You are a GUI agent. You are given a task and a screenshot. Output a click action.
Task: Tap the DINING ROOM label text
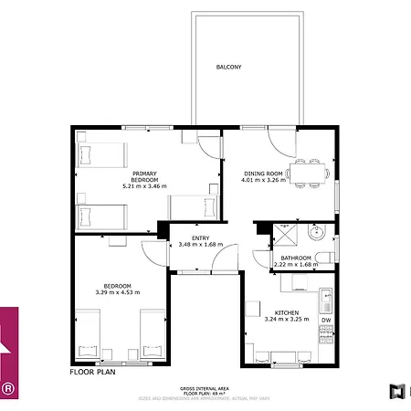click(x=264, y=173)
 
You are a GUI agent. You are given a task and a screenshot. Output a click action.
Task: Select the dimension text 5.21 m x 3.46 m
click(x=144, y=186)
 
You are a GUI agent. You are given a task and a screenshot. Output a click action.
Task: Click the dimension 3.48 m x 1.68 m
click(x=199, y=244)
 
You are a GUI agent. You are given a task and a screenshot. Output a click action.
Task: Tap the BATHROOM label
click(x=295, y=258)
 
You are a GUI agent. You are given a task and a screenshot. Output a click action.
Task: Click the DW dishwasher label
click(x=325, y=321)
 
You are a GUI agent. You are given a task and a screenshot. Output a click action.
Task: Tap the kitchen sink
click(x=325, y=298)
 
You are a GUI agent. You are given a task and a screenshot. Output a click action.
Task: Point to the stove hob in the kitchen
click(x=325, y=335)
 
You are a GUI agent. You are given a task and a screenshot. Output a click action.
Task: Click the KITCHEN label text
click(x=264, y=311)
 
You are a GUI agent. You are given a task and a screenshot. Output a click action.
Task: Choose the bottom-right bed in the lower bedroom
click(x=153, y=334)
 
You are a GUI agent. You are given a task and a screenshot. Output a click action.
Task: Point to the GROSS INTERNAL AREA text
click(x=205, y=388)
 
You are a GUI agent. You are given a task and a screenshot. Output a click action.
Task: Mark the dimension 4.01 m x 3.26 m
click(x=264, y=180)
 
